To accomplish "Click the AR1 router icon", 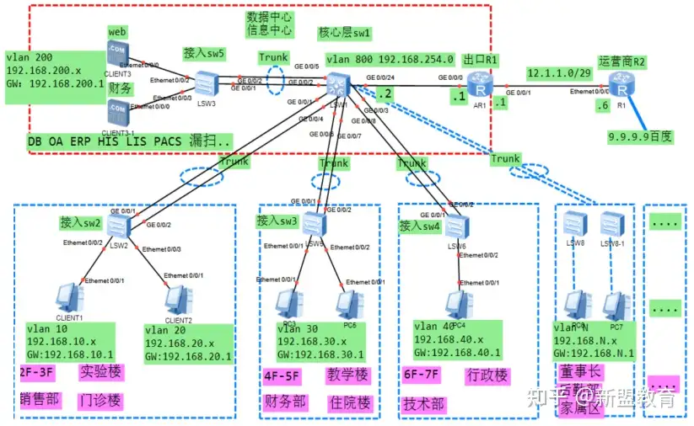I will pos(481,86).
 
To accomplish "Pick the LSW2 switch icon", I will pos(117,225).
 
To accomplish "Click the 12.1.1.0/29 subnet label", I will pos(560,72).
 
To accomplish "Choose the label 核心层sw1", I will pos(345,33).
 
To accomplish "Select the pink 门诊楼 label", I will pos(100,400).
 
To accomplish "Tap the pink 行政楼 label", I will pos(487,375).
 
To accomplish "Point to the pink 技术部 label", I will pos(423,403).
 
